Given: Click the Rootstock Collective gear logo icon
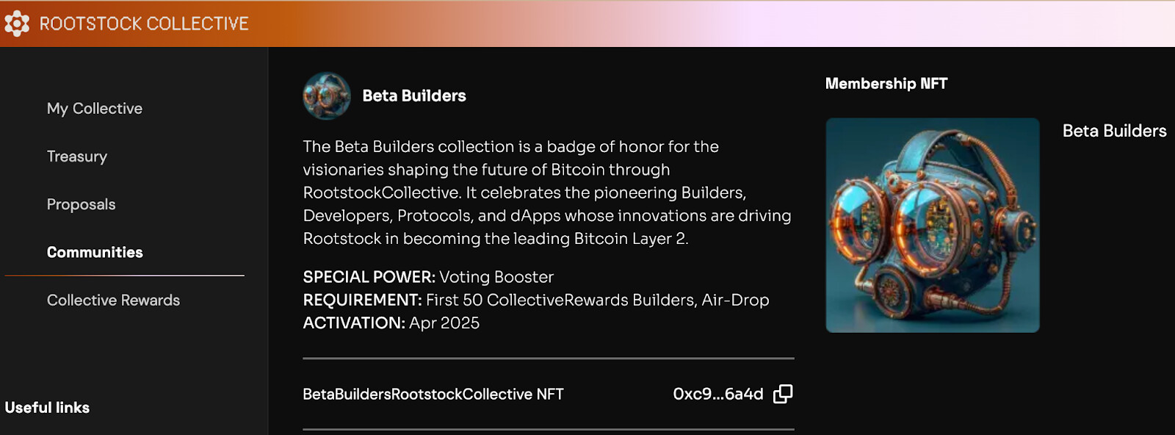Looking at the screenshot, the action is pos(17,24).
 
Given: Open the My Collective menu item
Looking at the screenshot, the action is pos(95,109).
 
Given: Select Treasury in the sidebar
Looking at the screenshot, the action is pos(77,157).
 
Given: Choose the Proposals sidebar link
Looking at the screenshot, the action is pos(82,204).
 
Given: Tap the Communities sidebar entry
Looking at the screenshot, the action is pos(95,252).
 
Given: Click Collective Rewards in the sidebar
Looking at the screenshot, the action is pos(113,300).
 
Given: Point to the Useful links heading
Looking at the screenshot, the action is pos(47,408).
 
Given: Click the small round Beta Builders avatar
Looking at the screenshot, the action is pos(327,96).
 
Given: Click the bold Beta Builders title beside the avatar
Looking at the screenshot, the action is pos(414,96).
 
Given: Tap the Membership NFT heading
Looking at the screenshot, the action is pos(886,84).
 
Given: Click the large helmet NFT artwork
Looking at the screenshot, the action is pos(933,225).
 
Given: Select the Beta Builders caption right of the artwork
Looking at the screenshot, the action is pos(1115,131).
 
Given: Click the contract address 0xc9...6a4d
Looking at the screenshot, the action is pos(718,394).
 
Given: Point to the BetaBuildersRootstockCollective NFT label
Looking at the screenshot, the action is pos(433,394).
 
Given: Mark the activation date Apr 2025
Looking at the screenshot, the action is pos(444,323).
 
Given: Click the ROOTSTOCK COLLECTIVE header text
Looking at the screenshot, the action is pos(144,24).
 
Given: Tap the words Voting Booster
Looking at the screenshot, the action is pos(496,277).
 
